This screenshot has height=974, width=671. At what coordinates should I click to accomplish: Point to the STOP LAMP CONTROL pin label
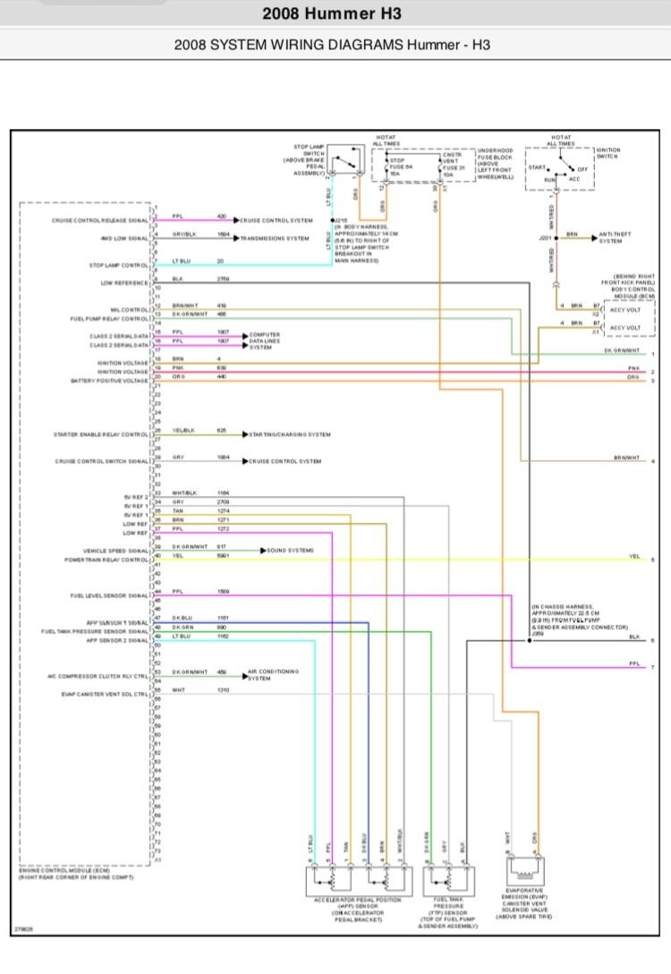(119, 266)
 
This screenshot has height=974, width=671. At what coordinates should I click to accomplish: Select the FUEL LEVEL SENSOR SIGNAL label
(110, 595)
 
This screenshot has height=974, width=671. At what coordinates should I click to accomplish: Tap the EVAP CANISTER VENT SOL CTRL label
(106, 694)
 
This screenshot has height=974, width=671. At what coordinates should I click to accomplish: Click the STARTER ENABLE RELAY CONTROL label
(101, 435)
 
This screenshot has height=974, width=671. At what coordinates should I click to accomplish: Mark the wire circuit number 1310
(222, 690)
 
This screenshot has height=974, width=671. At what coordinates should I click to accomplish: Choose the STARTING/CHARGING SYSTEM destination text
(292, 434)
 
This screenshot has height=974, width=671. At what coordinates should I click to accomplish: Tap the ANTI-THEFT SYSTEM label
(616, 237)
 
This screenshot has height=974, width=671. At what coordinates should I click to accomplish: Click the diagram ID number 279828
(25, 930)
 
